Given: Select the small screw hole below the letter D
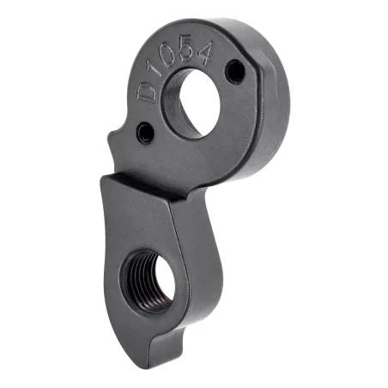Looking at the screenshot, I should (x=146, y=132).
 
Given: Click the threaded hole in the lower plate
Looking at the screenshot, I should (x=149, y=279).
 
